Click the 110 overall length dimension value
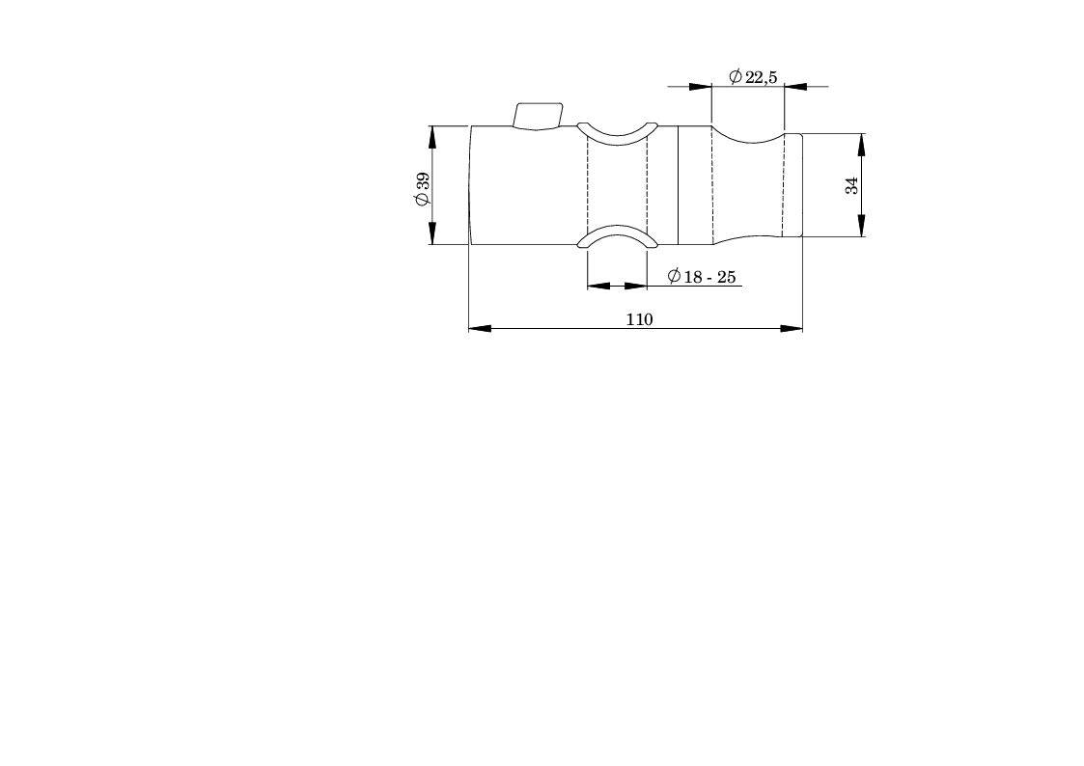[x=639, y=319]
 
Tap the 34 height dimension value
[x=851, y=184]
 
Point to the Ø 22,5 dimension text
[x=753, y=77]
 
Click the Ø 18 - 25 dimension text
[x=702, y=277]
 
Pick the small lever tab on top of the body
[x=537, y=116]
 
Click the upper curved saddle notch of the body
[x=617, y=134]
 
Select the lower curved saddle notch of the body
[x=617, y=236]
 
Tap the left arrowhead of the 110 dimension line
[x=480, y=328]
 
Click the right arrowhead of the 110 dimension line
[x=792, y=328]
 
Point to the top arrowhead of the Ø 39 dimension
[x=431, y=137]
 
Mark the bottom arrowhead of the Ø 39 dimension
[x=431, y=233]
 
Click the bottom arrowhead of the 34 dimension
[x=861, y=225]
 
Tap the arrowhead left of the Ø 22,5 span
[x=701, y=87]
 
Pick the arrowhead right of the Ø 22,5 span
[x=795, y=87]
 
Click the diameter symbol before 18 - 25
[x=674, y=277]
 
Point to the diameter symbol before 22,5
[x=736, y=77]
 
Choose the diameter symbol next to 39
[x=422, y=200]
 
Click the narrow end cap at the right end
[x=792, y=184]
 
